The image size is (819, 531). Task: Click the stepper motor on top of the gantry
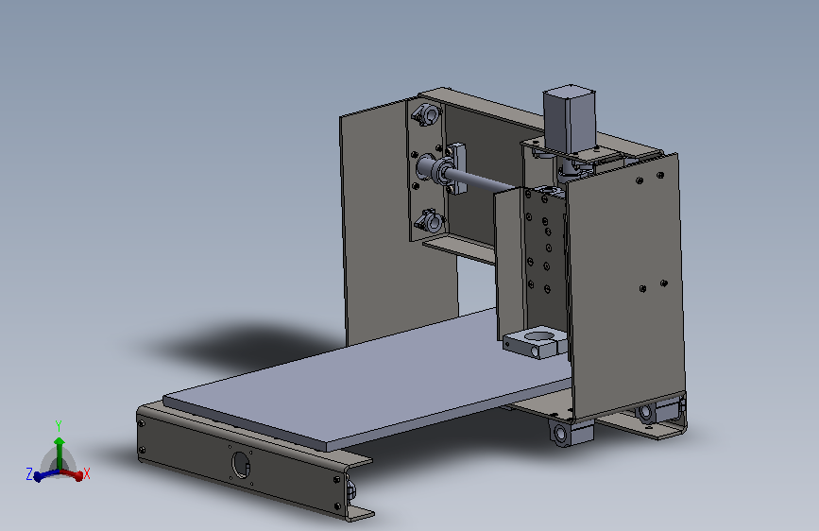coord(569,119)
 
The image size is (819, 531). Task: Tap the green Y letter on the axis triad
coord(59,426)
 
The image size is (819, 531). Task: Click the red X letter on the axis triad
coord(87,474)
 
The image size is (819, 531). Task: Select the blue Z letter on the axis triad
coord(29,474)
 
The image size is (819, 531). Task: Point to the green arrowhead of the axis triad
coord(59,442)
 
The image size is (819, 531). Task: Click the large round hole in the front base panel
coord(240,464)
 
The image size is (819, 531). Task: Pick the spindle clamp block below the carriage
coord(535,342)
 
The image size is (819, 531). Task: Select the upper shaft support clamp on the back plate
coord(427,114)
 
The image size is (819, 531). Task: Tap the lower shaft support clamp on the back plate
coord(430,222)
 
